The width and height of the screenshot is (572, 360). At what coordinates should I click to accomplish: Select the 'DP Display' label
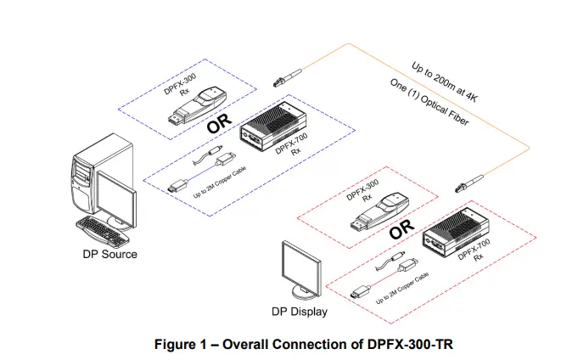point(299,312)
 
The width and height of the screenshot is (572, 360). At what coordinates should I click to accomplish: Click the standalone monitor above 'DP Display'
point(301,267)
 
